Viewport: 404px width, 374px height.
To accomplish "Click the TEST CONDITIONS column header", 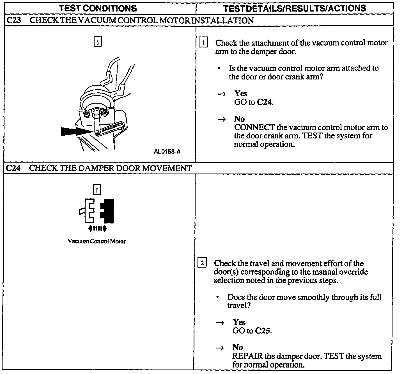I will [98, 8].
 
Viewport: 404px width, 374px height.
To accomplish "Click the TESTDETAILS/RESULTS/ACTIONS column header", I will [295, 8].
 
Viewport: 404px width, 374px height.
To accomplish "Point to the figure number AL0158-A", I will [167, 152].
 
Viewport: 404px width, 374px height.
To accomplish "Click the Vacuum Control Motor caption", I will [97, 241].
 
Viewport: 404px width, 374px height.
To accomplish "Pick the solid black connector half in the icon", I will [107, 211].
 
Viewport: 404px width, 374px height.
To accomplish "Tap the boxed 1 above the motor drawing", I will [97, 42].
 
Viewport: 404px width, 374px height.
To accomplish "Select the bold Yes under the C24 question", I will [239, 322].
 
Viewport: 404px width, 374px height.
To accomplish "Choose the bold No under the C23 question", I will [239, 119].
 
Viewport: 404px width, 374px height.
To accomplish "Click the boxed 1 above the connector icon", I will [97, 190].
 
